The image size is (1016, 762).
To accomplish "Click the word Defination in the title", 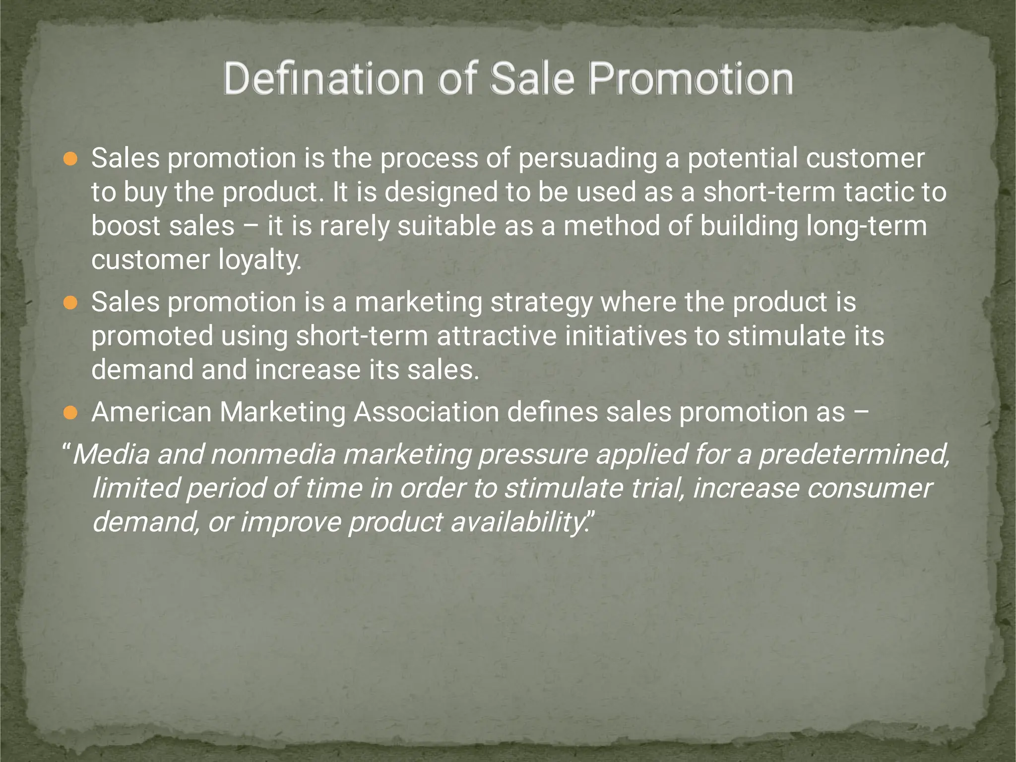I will tap(323, 79).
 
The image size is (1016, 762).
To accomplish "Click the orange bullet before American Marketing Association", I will tap(70, 413).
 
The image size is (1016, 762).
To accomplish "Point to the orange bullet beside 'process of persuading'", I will tap(70, 159).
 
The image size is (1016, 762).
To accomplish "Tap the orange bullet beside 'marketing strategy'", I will tap(70, 303).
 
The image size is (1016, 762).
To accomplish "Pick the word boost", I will tap(125, 226).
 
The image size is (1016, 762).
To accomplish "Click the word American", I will tap(151, 413).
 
